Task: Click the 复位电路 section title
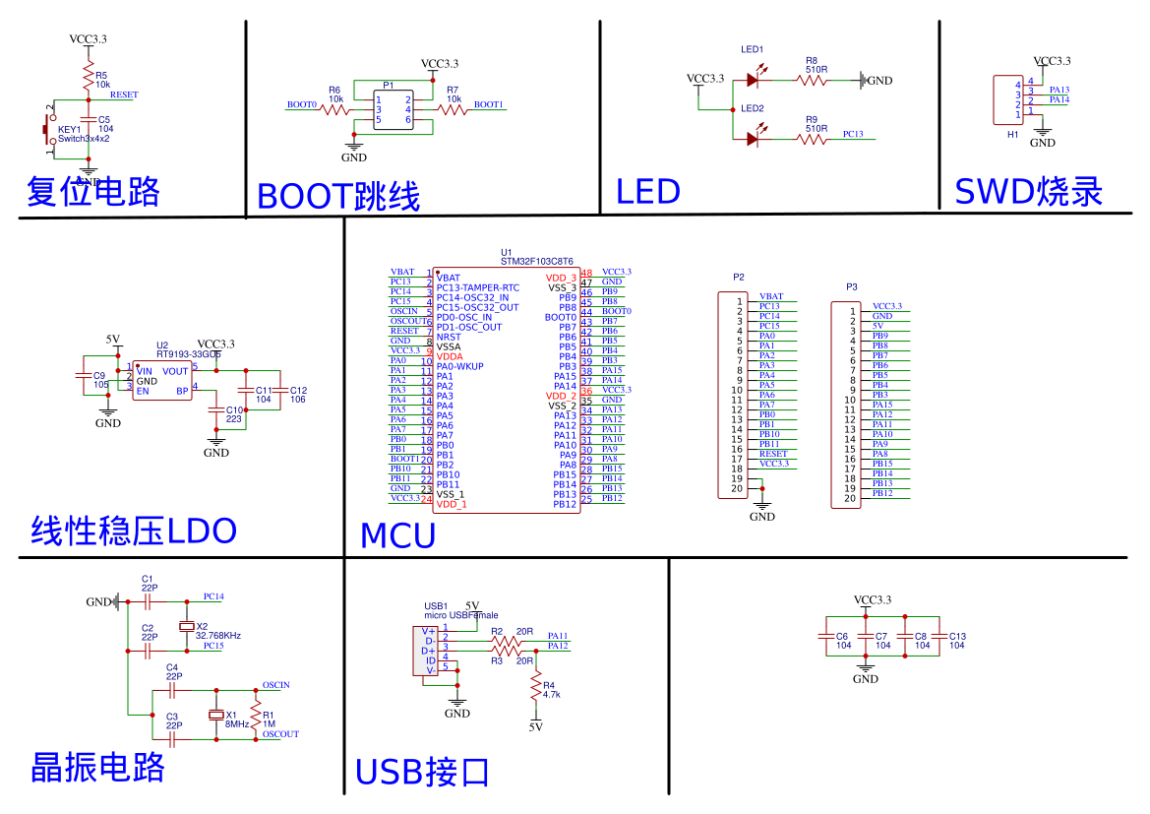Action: pos(93,191)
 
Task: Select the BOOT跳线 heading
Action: pos(338,196)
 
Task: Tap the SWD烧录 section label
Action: pos(1029,191)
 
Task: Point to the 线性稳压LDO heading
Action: pos(135,532)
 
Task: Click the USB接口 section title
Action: pos(422,772)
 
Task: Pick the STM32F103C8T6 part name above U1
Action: pos(536,262)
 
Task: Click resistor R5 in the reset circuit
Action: pos(88,80)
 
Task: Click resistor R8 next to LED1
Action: pos(816,80)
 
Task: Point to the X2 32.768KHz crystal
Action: pos(186,627)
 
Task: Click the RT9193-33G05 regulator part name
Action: pos(189,353)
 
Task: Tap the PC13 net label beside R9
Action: pos(853,134)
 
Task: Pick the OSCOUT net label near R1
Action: pos(280,734)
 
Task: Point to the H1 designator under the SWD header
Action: pos(1012,134)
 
